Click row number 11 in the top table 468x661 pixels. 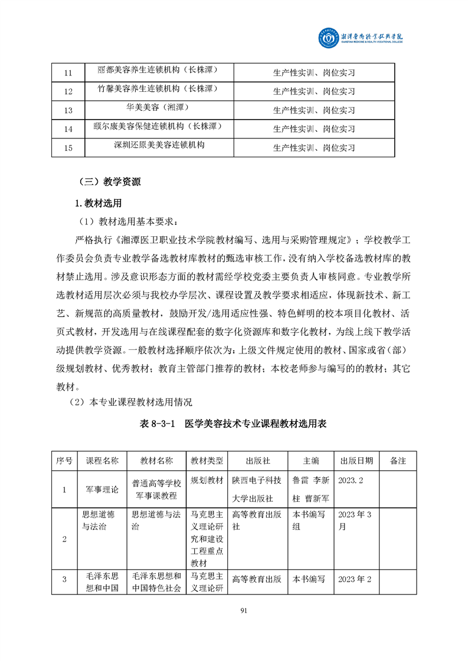[x=67, y=73]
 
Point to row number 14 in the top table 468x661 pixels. [x=67, y=129]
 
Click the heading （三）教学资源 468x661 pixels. [x=110, y=182]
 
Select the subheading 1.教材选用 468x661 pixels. [x=98, y=203]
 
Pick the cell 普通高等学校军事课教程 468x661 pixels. [x=156, y=489]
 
